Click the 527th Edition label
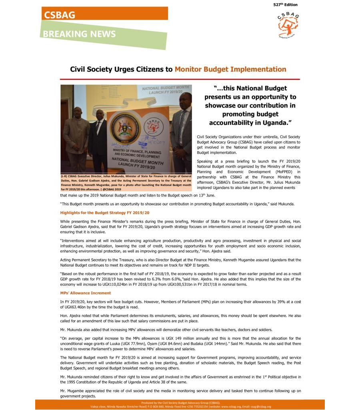pos(286,4)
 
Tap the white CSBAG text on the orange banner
pos(60,15)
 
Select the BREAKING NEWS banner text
pos(79,34)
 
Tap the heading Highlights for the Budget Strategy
pos(105,212)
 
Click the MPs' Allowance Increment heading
pos(86,293)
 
